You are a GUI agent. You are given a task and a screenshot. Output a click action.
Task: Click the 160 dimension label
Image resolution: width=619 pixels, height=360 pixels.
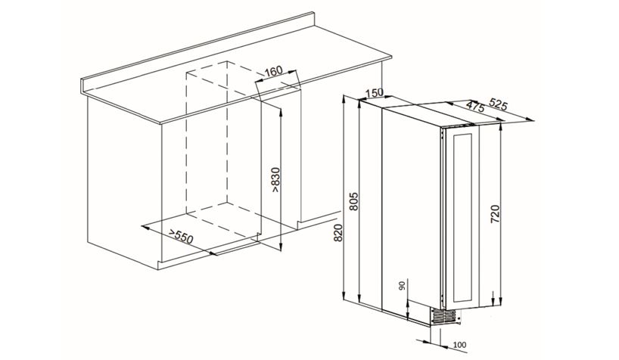[x=274, y=71]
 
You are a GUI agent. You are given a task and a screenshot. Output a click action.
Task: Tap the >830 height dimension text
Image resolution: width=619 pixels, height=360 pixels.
[x=275, y=180]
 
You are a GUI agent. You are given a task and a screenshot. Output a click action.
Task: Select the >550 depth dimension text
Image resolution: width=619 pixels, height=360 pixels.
[x=181, y=236]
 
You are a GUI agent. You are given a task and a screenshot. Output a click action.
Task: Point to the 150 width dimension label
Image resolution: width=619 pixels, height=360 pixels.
[x=374, y=93]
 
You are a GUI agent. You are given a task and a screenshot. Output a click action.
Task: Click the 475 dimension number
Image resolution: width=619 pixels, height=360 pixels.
[x=475, y=106]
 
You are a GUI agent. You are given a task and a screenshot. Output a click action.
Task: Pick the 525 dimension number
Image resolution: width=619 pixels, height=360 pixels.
[x=498, y=104]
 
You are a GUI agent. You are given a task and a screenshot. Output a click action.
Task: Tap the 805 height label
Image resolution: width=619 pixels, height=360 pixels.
[x=353, y=201]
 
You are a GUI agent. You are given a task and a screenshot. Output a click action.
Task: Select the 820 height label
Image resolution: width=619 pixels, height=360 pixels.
[x=338, y=232]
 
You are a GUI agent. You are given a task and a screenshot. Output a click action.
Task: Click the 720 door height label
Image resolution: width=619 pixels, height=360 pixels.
[x=495, y=214]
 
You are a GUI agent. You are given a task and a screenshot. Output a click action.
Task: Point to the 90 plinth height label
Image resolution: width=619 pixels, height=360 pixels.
[x=403, y=285]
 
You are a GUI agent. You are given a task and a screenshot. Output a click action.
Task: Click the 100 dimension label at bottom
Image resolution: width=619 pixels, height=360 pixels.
[x=460, y=345]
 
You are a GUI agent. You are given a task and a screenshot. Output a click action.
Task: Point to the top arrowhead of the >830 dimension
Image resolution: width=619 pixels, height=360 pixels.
[x=280, y=111]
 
